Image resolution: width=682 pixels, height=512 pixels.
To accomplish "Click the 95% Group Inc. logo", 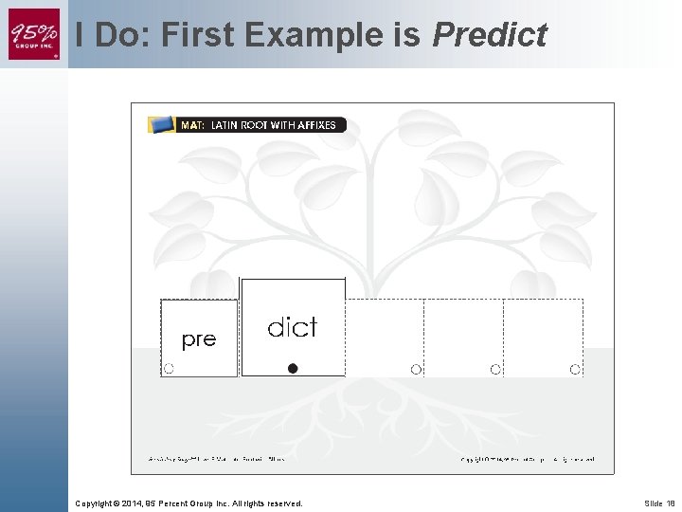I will point(34,34).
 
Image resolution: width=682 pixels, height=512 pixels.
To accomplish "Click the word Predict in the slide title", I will point(490,36).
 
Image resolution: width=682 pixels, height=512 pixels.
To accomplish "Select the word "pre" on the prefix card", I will point(198,339).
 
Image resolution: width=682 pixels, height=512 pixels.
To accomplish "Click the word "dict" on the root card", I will point(293,327).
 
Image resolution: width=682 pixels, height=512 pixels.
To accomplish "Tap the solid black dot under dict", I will point(293,369).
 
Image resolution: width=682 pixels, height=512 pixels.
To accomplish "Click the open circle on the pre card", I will point(169,369).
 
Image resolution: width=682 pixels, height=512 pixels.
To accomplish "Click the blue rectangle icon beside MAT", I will point(162,124).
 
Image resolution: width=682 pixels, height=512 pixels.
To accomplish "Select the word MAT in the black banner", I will point(192,125).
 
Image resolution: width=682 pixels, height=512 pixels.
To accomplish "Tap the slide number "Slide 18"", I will point(659,503).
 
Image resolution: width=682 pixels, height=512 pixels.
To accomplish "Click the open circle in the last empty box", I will point(575,369).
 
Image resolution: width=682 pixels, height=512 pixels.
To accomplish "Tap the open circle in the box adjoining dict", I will point(416,369).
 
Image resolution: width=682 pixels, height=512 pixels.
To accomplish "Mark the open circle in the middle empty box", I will point(495,369).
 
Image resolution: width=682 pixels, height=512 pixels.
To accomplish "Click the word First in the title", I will point(200,36).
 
